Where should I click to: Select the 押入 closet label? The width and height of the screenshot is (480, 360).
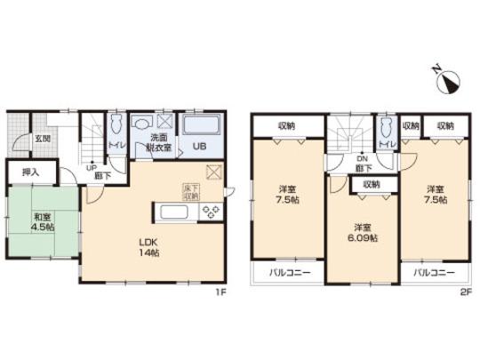31,171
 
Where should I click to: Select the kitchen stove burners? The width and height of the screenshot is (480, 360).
212,212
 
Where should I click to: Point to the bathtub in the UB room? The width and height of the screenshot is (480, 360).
201,124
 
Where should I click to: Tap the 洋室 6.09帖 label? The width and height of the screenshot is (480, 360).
364,233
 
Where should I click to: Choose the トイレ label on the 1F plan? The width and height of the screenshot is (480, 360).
116,144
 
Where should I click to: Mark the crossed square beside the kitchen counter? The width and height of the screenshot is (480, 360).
212,173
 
